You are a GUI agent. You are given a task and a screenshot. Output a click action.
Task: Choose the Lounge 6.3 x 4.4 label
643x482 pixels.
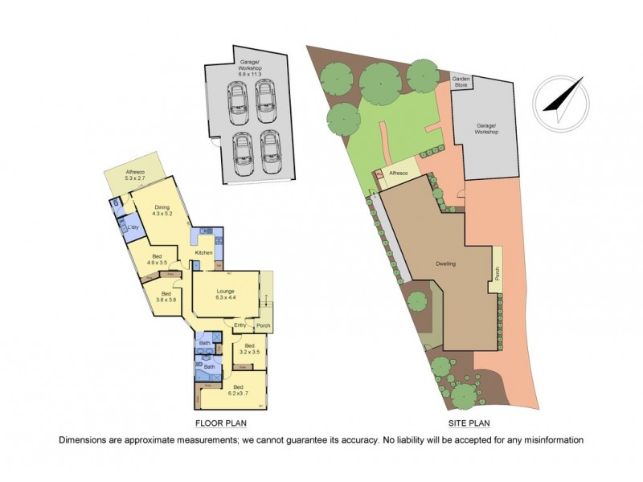click(x=225, y=294)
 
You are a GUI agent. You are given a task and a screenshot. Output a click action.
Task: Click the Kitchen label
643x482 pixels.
click(x=203, y=253)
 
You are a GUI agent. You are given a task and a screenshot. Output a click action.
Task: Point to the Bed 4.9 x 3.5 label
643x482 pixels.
click(x=157, y=259)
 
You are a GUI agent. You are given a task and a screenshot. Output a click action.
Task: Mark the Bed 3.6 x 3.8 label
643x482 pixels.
click(x=166, y=296)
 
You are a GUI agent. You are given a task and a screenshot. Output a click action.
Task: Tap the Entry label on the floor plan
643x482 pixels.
click(x=240, y=325)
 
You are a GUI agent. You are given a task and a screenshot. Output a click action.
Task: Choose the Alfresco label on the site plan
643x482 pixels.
click(x=399, y=174)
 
